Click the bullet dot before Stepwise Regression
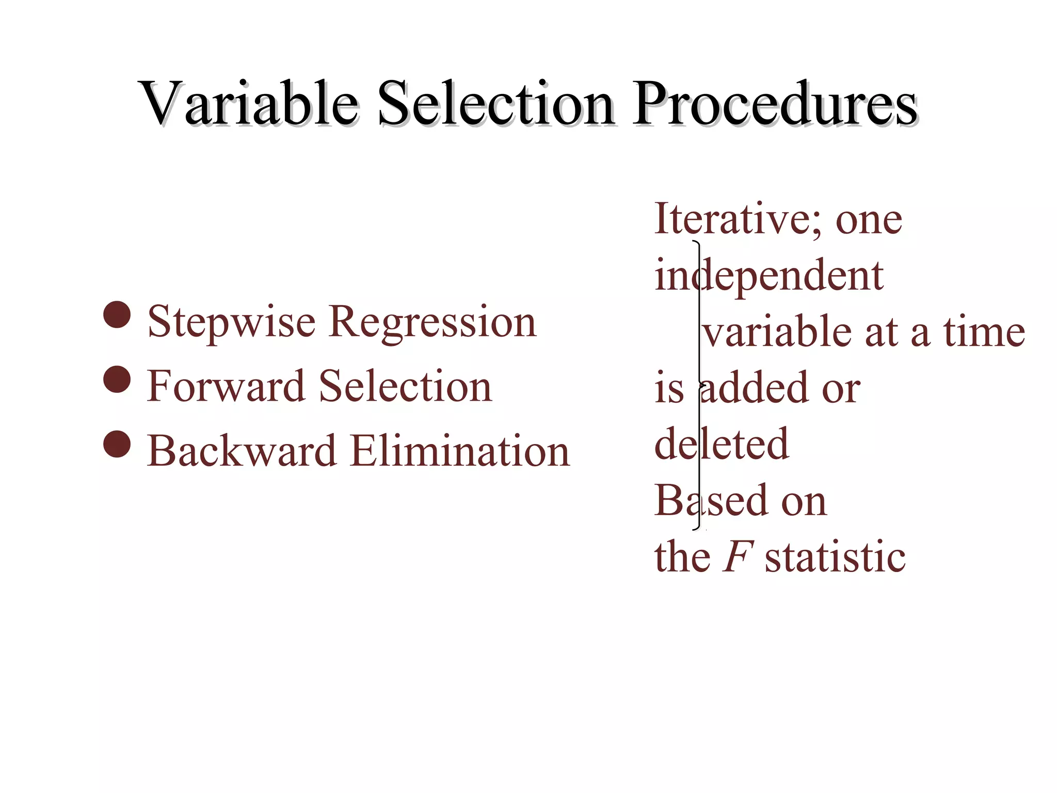[x=117, y=315]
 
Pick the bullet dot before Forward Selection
[x=117, y=379]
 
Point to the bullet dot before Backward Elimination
[x=117, y=444]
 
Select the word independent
[x=769, y=276]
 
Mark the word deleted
[x=722, y=444]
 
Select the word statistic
[x=835, y=557]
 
